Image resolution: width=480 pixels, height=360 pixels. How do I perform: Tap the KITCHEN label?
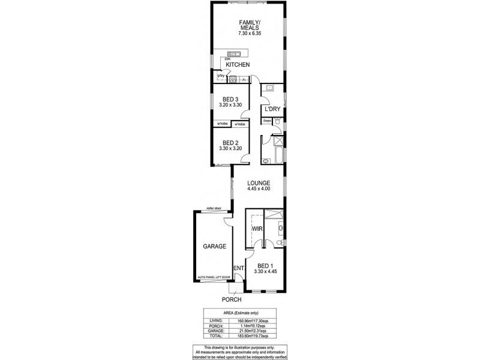(238, 65)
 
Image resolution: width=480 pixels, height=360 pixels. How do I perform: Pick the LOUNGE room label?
(259, 183)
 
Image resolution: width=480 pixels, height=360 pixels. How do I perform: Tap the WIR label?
(258, 229)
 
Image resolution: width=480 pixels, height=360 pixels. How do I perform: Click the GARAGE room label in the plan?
(214, 247)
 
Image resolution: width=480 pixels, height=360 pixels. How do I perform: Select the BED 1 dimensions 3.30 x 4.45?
(266, 272)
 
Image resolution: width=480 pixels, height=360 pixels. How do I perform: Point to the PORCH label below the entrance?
(231, 299)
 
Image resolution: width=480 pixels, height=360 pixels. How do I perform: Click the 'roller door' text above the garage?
(214, 208)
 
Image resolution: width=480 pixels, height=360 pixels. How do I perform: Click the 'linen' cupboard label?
(267, 121)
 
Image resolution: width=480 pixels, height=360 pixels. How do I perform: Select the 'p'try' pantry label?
(221, 76)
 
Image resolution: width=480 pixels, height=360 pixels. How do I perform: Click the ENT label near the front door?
(238, 268)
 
